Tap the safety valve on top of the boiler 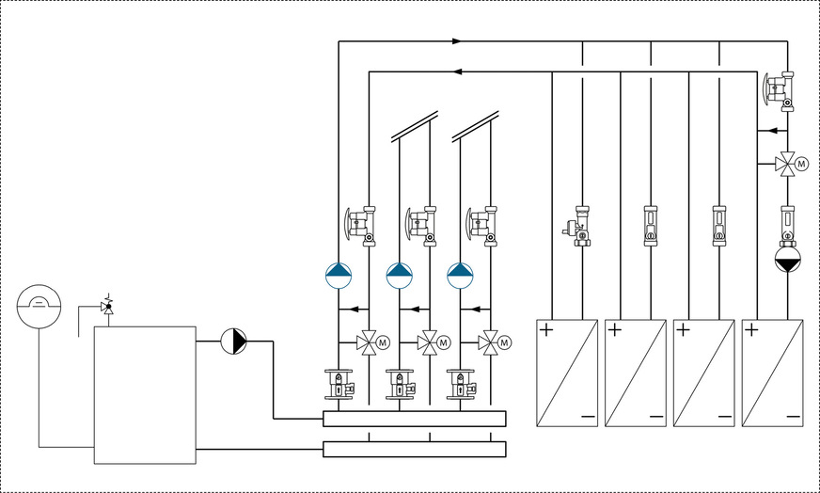coord(107,306)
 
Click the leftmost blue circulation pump coord(339,275)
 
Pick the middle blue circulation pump coord(400,275)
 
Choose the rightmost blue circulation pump coord(461,275)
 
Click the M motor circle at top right coord(802,164)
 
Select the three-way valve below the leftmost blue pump coord(368,342)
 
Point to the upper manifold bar coord(414,419)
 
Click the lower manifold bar coord(414,449)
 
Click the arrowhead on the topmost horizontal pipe coord(457,41)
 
